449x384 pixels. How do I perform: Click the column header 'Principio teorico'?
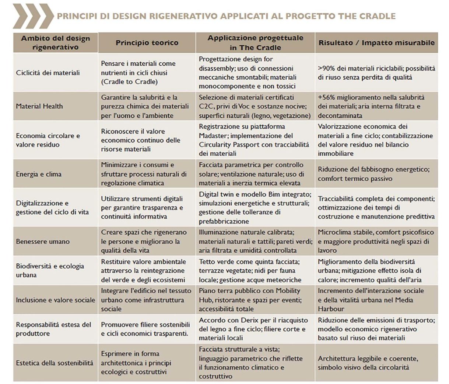coord(147,42)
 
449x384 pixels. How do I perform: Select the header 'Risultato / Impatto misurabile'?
coord(376,42)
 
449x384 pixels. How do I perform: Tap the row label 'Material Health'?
coord(39,106)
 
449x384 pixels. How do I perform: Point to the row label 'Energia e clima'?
coord(39,174)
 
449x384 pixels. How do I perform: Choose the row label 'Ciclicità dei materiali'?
coord(48,73)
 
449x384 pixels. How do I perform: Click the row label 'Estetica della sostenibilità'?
coord(55,363)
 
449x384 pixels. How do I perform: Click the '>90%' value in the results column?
coord(326,68)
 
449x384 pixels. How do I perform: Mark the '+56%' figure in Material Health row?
coord(326,97)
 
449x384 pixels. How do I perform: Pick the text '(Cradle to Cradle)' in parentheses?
coord(129,82)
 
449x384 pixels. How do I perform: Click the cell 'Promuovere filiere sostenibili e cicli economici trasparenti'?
coord(145,329)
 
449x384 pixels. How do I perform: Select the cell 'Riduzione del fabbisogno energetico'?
coord(373,174)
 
